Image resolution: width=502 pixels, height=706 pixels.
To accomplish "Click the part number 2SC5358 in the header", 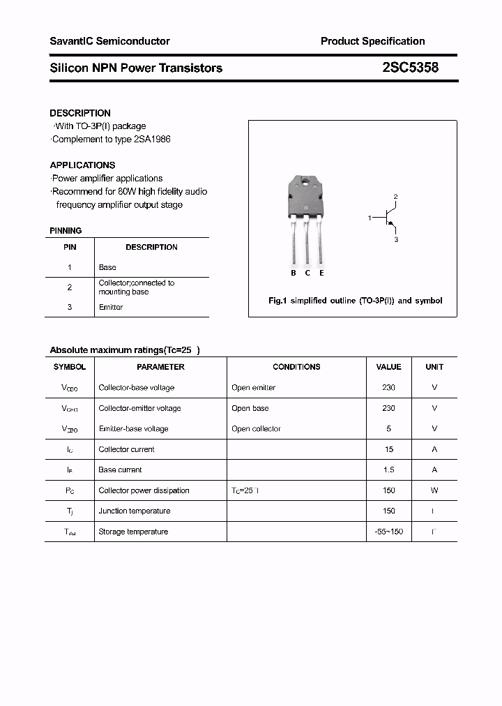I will point(410,68).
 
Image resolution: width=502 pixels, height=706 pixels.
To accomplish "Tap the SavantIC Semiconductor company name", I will point(109,41).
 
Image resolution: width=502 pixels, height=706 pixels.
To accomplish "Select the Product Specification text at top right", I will point(372,41).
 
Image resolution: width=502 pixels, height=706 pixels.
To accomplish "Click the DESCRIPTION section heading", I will point(80,113).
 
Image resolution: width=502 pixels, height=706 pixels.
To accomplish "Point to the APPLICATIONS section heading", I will point(82,165).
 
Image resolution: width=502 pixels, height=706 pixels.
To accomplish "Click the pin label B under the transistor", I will point(294,273).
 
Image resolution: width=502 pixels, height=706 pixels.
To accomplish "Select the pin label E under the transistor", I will point(321,273).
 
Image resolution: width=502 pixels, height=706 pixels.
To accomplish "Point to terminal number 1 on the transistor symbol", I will point(370,218).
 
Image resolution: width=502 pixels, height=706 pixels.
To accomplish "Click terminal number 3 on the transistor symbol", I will point(395,239).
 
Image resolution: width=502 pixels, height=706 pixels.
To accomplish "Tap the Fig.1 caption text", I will point(355,301).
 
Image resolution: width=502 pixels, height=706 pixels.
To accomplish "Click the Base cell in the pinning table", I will point(107,267).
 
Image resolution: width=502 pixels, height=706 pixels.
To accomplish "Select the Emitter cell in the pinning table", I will point(111,307).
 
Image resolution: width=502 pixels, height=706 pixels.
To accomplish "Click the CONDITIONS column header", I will point(296,367).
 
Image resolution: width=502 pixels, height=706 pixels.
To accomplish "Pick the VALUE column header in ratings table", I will point(388,367).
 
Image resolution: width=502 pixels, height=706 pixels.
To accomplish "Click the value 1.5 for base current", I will point(388,470).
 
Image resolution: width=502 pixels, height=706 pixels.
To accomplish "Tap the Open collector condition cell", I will point(256,429).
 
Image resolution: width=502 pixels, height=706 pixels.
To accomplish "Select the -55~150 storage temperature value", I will point(388,532).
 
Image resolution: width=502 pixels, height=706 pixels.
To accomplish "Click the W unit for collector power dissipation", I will point(434,490).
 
